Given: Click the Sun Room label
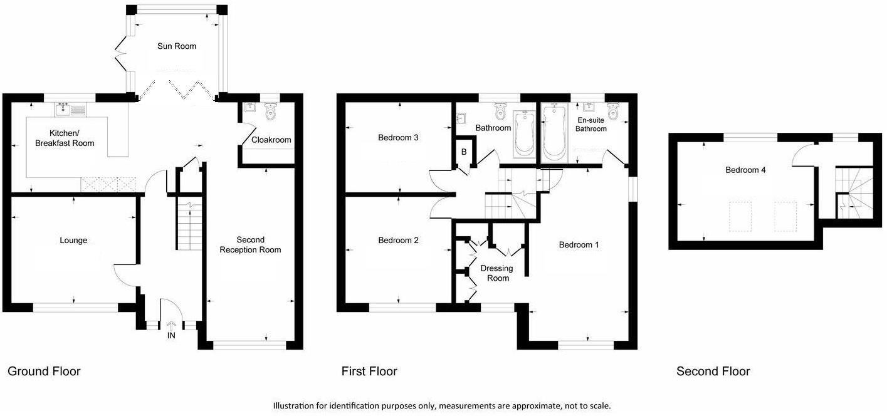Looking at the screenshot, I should click(x=177, y=46).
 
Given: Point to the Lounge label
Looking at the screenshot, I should click(x=73, y=241).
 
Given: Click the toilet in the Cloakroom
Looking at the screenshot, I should click(x=271, y=112).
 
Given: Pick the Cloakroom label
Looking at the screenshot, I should click(x=271, y=140).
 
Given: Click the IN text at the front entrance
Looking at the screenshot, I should click(x=171, y=336).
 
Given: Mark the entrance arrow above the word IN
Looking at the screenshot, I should click(x=171, y=325).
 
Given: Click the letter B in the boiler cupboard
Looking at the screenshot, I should click(x=464, y=152).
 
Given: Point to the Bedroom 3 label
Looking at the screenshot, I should click(x=398, y=138).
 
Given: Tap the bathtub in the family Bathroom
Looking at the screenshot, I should click(x=523, y=133).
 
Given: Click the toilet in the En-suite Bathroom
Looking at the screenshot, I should click(x=613, y=112).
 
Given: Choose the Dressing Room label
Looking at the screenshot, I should click(x=496, y=273).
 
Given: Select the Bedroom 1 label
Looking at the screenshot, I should click(x=579, y=245).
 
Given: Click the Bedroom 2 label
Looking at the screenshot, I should click(x=398, y=241).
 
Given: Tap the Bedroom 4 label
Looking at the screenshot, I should click(x=745, y=170).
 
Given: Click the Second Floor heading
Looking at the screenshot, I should click(x=713, y=372).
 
